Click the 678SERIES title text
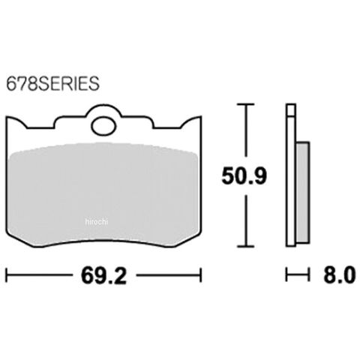click(x=52, y=83)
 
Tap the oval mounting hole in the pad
click(x=104, y=127)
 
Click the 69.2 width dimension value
click(x=103, y=276)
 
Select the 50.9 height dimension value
click(x=244, y=176)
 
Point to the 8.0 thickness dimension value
click(x=339, y=274)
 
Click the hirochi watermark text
click(x=96, y=221)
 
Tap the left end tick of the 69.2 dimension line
click(x=7, y=275)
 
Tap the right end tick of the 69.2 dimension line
click(x=200, y=275)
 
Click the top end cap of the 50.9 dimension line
click(x=246, y=104)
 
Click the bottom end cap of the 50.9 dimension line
click(x=246, y=246)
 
